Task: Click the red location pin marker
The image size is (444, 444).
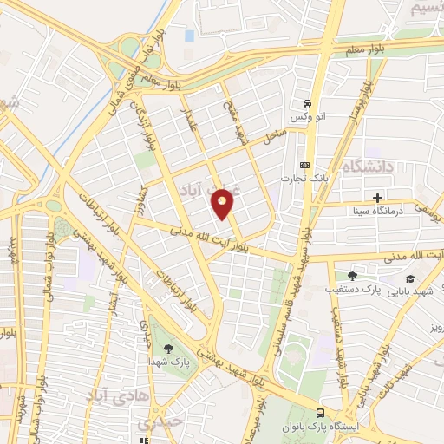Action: click(x=223, y=205)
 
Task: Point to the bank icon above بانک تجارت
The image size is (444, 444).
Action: click(x=304, y=165)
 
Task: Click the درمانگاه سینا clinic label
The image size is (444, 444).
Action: click(x=377, y=212)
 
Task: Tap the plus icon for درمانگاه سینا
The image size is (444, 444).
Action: click(x=378, y=197)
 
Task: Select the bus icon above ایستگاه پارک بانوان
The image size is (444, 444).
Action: click(x=321, y=414)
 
